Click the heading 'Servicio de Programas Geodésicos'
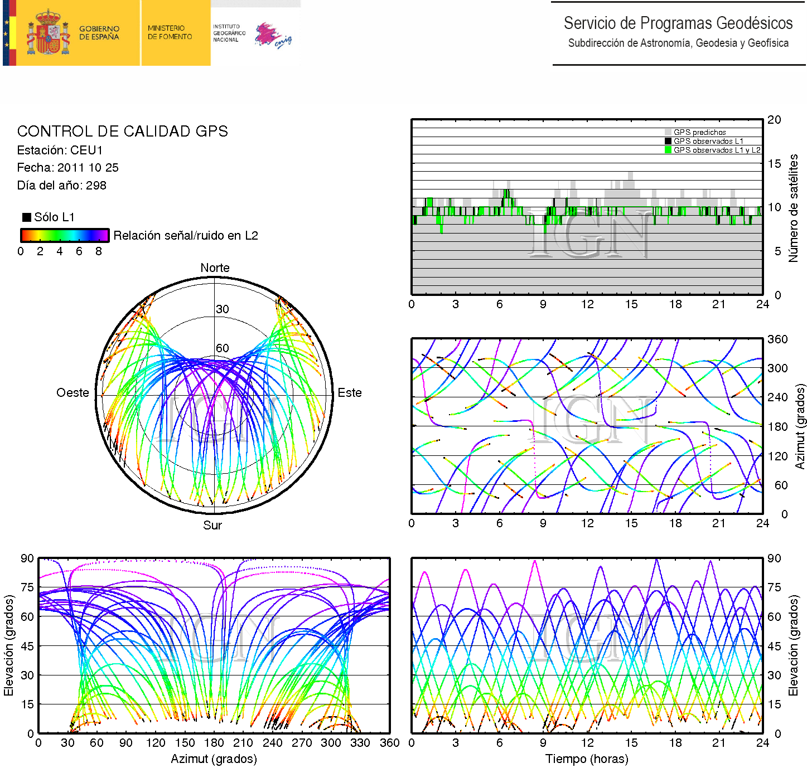coord(678,23)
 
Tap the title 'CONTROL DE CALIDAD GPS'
coord(122,132)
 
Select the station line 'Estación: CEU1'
coord(60,150)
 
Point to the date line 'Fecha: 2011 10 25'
coord(67,168)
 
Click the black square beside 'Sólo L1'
coord(26,217)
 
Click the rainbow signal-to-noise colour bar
coord(65,235)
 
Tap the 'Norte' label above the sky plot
coord(215,268)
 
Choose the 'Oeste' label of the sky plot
coord(73,393)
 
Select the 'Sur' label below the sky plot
coord(212,526)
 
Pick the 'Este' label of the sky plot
coord(350,393)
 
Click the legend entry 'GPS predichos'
coord(699,133)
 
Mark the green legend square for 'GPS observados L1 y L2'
coord(668,150)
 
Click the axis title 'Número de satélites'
coord(793,208)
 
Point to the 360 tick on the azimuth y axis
coord(777,339)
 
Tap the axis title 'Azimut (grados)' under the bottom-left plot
coord(214,759)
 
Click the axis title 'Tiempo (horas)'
coord(587,759)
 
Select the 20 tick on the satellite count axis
coord(774,120)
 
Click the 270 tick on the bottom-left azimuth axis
coord(302,743)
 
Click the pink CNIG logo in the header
coord(273,36)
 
